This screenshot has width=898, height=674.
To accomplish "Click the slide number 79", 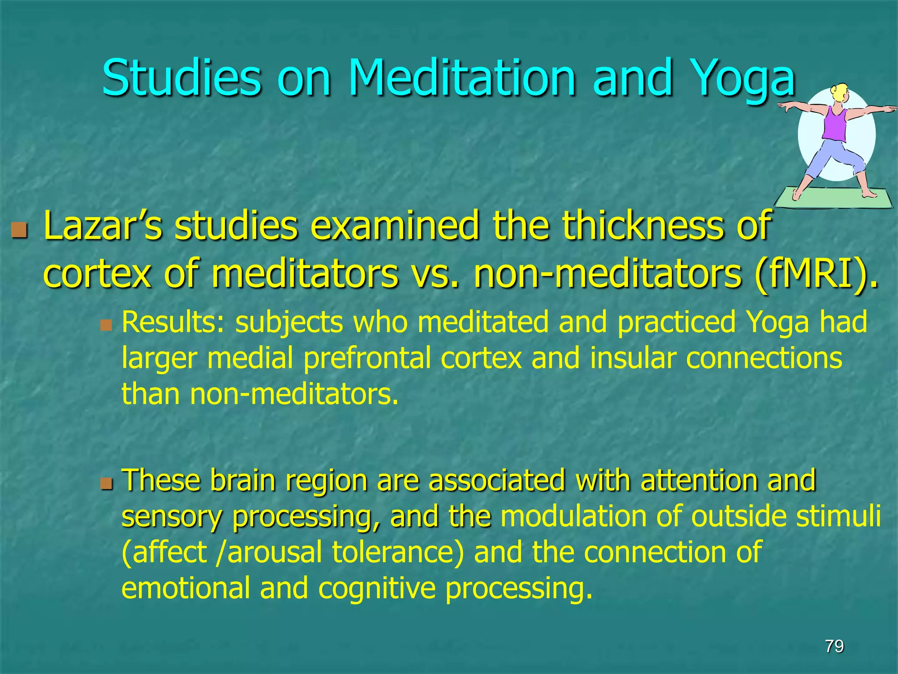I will [834, 646].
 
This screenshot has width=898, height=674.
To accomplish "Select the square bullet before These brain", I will [105, 484].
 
